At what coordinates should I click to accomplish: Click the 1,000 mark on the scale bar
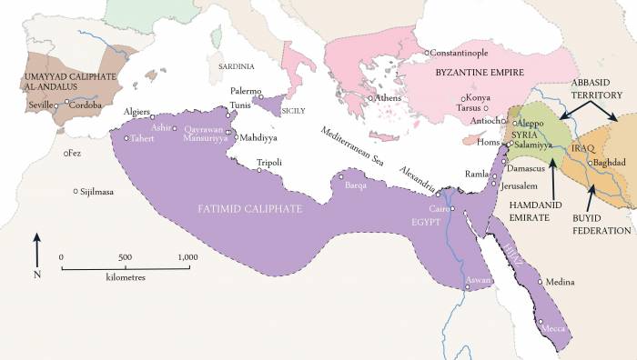(188, 256)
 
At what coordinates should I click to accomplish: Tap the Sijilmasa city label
(102, 192)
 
